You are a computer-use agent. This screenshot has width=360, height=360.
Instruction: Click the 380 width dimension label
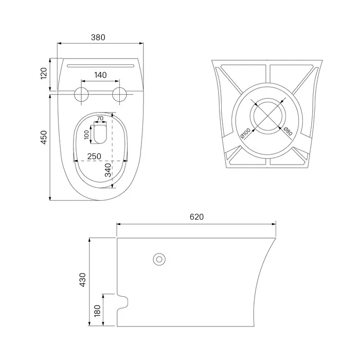[x=98, y=37]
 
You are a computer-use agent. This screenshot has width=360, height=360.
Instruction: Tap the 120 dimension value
[x=44, y=74]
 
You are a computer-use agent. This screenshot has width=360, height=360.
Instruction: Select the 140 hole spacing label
[x=101, y=75]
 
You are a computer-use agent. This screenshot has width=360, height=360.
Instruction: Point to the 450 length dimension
[x=44, y=137]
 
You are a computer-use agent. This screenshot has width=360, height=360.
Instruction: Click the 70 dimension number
[x=100, y=118]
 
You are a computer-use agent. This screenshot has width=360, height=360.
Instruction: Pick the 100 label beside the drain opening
[x=86, y=135]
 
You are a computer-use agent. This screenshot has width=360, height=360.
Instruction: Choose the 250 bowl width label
[x=94, y=156]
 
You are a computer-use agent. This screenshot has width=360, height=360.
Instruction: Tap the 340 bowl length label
[x=108, y=170]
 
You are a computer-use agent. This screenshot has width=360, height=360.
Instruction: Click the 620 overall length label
[x=197, y=217]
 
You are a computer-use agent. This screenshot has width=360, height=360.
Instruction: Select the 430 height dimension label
[x=82, y=280]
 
